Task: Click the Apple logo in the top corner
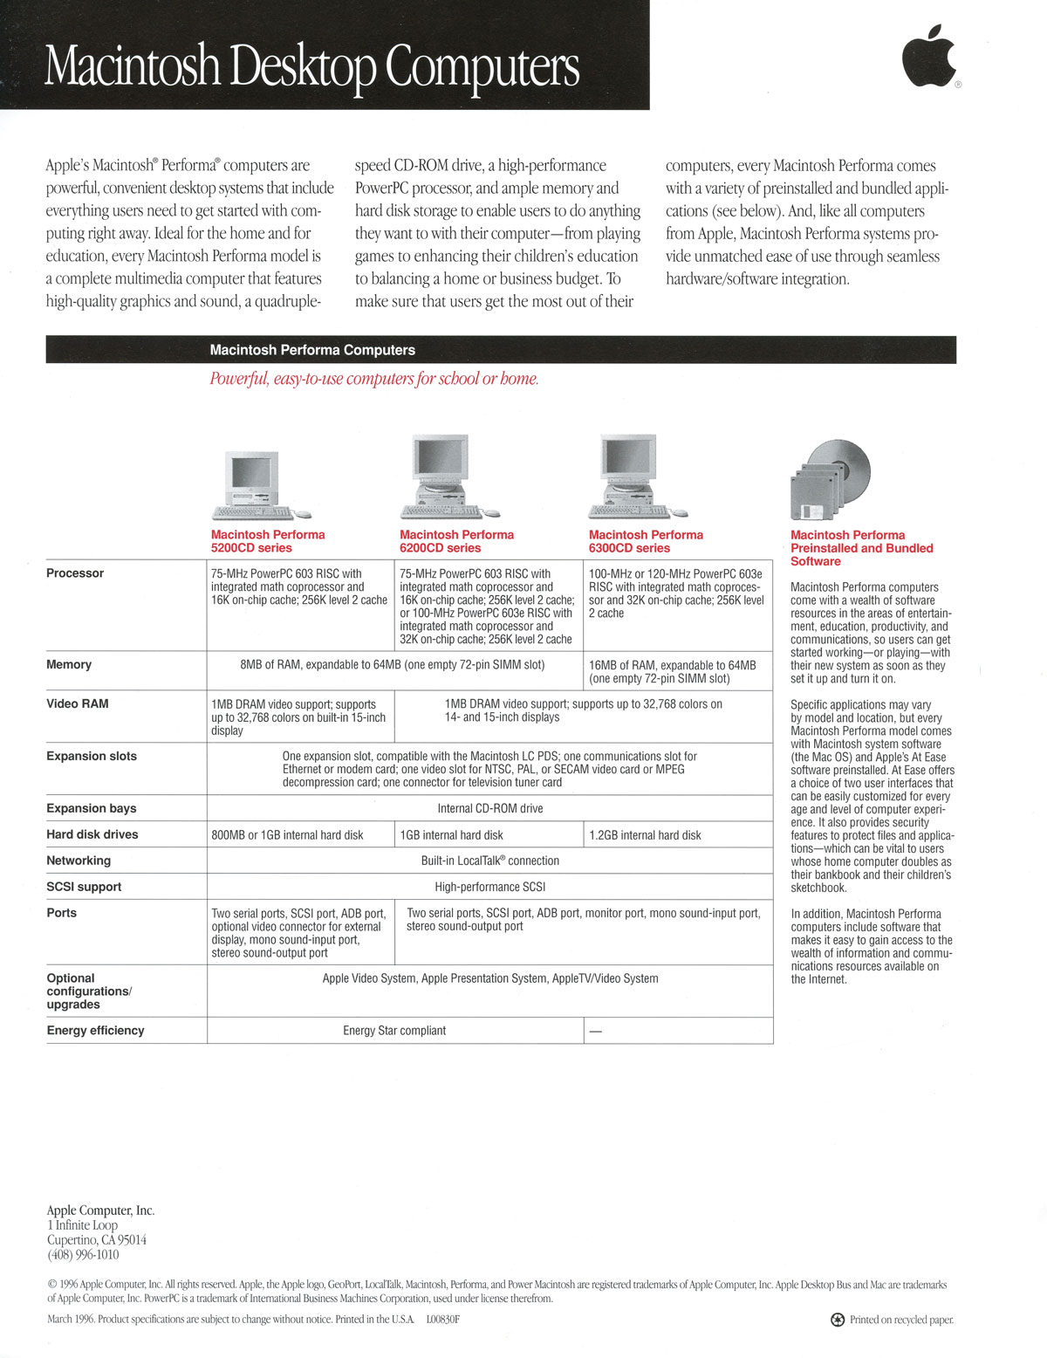[x=929, y=58]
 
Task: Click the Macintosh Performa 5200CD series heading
[x=268, y=541]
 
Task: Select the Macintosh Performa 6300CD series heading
[x=646, y=541]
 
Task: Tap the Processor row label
[x=75, y=573]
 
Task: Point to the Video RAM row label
[x=78, y=703]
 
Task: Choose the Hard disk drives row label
[x=92, y=834]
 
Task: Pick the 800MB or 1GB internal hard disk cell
[x=287, y=835]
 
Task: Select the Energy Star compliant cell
[x=394, y=1031]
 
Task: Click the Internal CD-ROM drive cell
[x=490, y=809]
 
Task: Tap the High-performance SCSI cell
[x=490, y=887]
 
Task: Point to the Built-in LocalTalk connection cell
[x=490, y=861]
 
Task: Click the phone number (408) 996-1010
[x=83, y=1255]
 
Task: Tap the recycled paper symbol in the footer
[x=838, y=1320]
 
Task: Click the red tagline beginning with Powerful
[x=374, y=379]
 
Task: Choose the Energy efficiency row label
[x=96, y=1031]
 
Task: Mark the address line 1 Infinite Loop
[x=83, y=1225]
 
